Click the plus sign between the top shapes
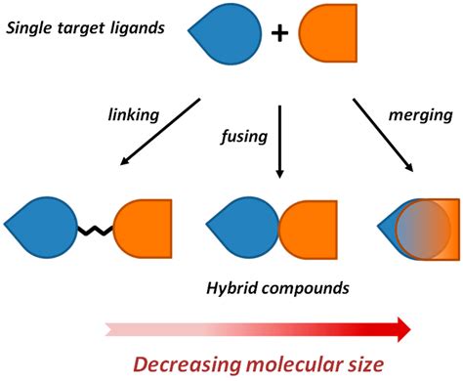(280, 34)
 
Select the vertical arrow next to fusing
(279, 137)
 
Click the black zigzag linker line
(96, 233)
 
